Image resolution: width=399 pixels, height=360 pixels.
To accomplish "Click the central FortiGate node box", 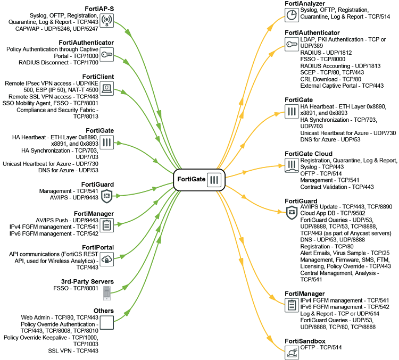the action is tap(199, 180).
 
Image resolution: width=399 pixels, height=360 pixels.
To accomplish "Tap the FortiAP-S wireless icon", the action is tap(106, 20).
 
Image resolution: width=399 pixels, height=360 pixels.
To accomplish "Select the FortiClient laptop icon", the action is tap(106, 88).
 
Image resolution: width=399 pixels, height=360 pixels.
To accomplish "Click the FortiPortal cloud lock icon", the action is tap(106, 259).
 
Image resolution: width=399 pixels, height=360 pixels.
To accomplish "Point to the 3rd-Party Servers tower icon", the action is tap(106, 293).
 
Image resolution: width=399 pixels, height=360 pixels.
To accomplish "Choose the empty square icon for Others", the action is tap(106, 323).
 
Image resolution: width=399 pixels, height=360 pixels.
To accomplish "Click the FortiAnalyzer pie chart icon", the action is tap(292, 15).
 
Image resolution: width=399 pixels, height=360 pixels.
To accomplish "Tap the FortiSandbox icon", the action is tap(292, 353).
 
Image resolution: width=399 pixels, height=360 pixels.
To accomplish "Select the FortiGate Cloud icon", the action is tap(292, 165).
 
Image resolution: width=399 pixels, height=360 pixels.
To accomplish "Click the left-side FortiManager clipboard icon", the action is tap(106, 225).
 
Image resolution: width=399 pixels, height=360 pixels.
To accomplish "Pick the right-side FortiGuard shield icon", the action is tap(292, 213).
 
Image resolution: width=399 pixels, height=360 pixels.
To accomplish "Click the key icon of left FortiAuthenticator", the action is tap(106, 54).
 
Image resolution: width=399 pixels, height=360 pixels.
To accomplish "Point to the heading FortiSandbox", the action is tap(305, 341).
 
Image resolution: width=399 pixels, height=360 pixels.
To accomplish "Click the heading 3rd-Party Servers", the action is tap(87, 281).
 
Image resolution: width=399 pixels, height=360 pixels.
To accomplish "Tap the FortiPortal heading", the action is tap(98, 247).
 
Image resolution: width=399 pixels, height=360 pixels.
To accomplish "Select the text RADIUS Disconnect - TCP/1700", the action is tap(59, 62).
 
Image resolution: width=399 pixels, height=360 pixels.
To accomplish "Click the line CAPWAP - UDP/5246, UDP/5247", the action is tap(56, 29).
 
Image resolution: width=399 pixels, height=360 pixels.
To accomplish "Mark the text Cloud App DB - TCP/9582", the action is tap(332, 213).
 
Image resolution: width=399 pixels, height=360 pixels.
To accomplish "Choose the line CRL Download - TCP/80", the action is tap(330, 79).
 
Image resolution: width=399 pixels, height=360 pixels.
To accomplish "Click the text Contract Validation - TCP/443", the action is tap(337, 187).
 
